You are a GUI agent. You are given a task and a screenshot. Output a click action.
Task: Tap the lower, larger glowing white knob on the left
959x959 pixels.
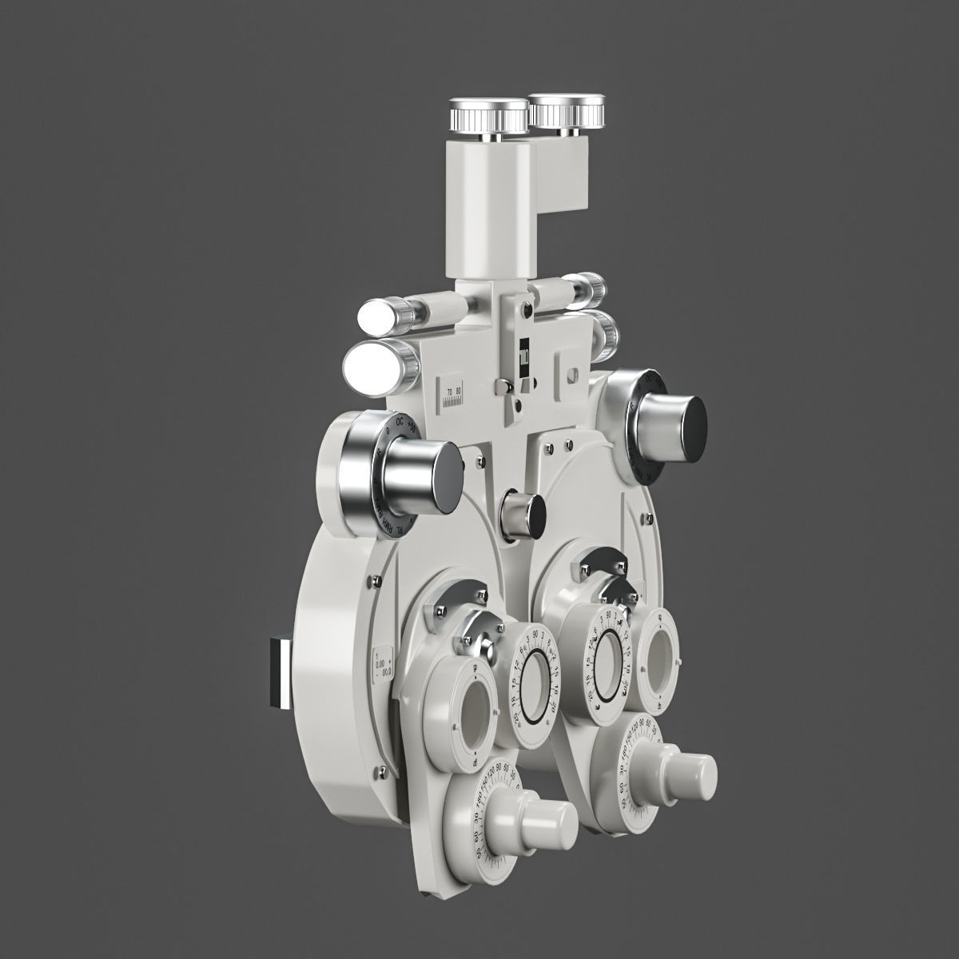point(372,365)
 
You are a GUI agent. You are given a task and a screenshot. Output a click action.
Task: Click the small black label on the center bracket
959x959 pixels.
point(523,351)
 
